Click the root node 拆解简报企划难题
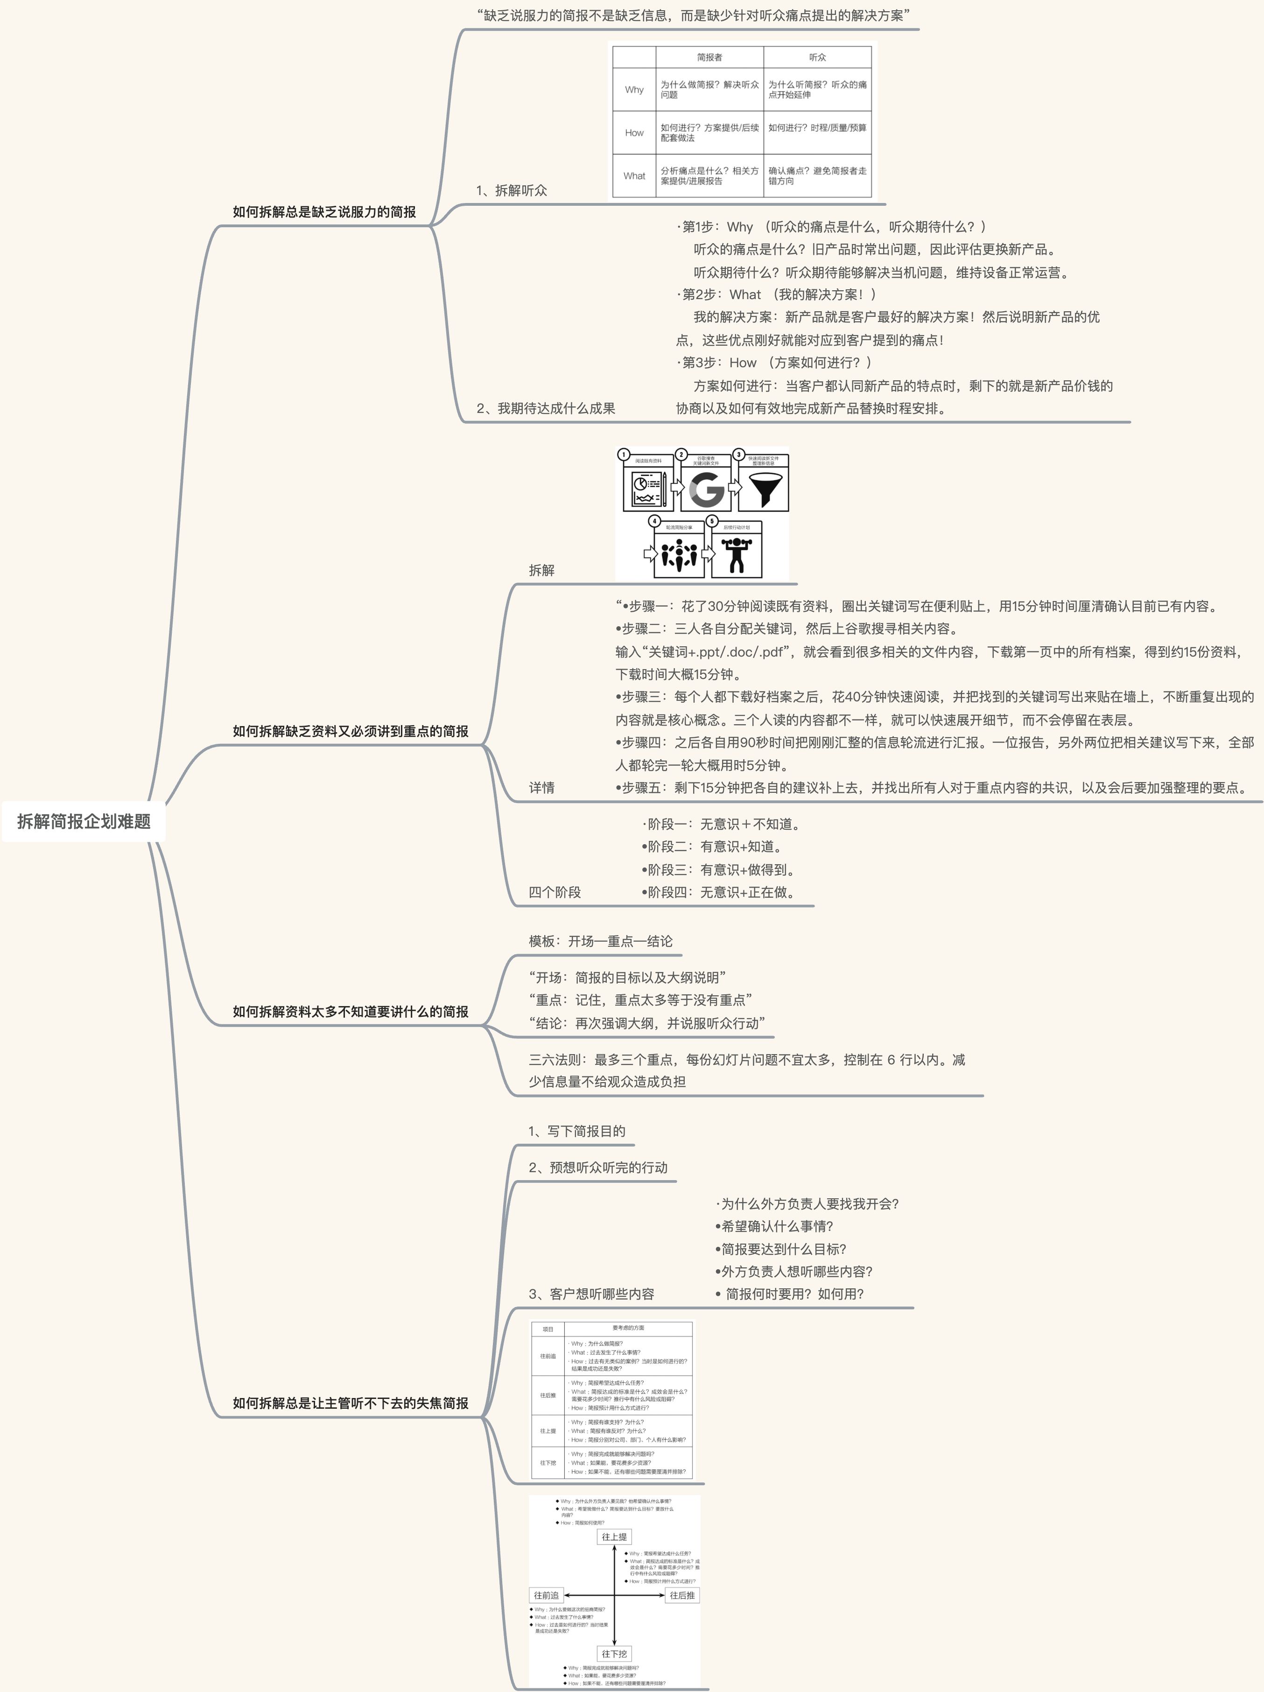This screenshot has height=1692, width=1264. point(84,821)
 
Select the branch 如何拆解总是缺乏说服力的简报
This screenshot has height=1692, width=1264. point(324,212)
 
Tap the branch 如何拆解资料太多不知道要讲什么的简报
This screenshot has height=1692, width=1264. point(351,1011)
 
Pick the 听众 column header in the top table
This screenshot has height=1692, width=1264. point(817,57)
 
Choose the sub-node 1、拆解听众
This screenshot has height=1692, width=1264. point(511,190)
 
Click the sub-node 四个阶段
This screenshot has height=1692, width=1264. point(555,892)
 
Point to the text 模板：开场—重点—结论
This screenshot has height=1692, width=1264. point(601,941)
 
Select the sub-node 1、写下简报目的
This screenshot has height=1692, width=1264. point(577,1131)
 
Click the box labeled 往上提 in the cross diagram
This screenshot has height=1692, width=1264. point(614,1537)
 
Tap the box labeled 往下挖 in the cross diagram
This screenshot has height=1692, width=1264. point(614,1654)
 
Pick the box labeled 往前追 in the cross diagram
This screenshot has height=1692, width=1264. point(546,1595)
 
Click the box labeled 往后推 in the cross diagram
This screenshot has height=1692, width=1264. point(682,1595)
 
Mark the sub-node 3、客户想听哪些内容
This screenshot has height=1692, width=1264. point(591,1294)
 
